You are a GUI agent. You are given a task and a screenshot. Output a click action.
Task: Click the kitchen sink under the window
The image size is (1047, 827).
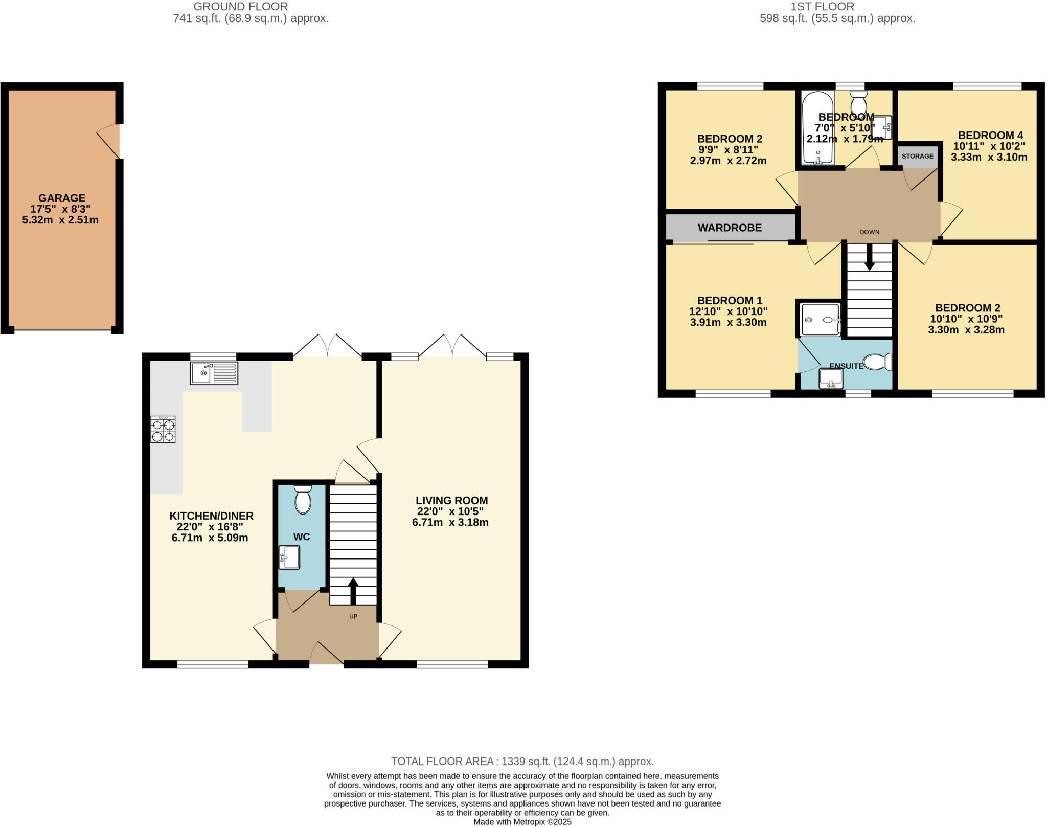coord(214,373)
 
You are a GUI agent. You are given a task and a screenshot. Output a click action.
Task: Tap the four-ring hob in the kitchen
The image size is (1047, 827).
coord(163,430)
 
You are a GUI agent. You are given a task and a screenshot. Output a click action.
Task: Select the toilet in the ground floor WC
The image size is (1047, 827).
coord(303,500)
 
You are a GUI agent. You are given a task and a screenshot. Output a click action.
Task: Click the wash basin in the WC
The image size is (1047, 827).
coord(289,557)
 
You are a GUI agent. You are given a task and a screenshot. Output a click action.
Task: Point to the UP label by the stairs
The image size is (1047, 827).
coord(353,616)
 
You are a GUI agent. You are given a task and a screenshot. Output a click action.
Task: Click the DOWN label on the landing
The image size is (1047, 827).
coord(869,232)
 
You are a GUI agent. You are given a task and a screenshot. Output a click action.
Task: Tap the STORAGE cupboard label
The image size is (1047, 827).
coord(917,156)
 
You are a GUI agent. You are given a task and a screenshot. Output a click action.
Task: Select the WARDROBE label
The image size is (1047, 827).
coord(730,228)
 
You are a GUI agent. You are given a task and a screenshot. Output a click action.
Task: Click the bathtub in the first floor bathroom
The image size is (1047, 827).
coord(817,128)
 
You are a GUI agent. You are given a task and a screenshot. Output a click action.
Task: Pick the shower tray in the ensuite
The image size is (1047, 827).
coord(820,320)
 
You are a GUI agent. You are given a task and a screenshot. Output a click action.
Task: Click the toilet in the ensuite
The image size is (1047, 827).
coord(878,363)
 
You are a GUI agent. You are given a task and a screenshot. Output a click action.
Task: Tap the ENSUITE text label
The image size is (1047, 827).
coord(846,366)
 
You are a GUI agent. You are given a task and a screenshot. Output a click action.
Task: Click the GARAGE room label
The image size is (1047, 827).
coord(61,198)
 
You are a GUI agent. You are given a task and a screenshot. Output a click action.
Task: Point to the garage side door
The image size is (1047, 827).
coord(109,141)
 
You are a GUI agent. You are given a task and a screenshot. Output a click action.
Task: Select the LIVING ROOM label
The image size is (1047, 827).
coord(451,500)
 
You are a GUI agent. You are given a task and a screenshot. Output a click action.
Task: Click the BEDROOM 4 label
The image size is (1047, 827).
coord(990,135)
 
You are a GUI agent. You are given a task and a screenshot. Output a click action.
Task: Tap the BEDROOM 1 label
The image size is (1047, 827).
coord(729,300)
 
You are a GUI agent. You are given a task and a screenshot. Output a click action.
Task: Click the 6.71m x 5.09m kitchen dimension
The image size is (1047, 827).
coord(210,538)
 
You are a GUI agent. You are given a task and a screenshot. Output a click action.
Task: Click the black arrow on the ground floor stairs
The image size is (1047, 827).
coord(353,591)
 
